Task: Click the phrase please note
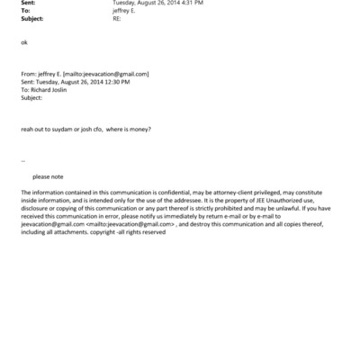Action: (48, 176)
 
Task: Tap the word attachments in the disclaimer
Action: (72, 231)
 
